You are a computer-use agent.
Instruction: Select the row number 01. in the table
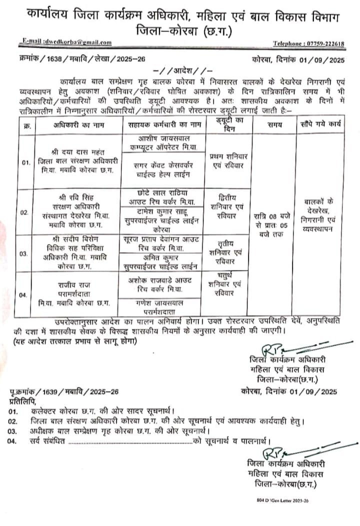(25, 162)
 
